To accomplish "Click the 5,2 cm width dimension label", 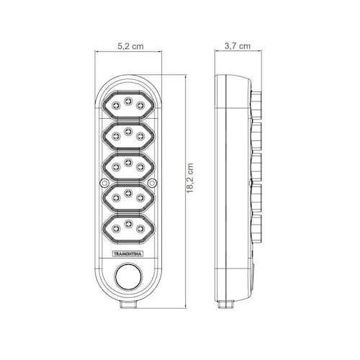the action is pos(130,46).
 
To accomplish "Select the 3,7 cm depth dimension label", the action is pos(238,46).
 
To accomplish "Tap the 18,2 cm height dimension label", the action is pos(190,179).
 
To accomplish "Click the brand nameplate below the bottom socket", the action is pos(127,254).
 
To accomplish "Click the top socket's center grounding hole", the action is pos(128,101).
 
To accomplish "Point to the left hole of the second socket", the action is pos(116,136).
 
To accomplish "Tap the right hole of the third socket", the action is pos(140,166).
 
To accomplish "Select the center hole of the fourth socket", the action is pos(128,193).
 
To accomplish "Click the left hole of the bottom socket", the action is pos(116,228).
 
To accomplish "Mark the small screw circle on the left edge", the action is pos(104,183).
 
